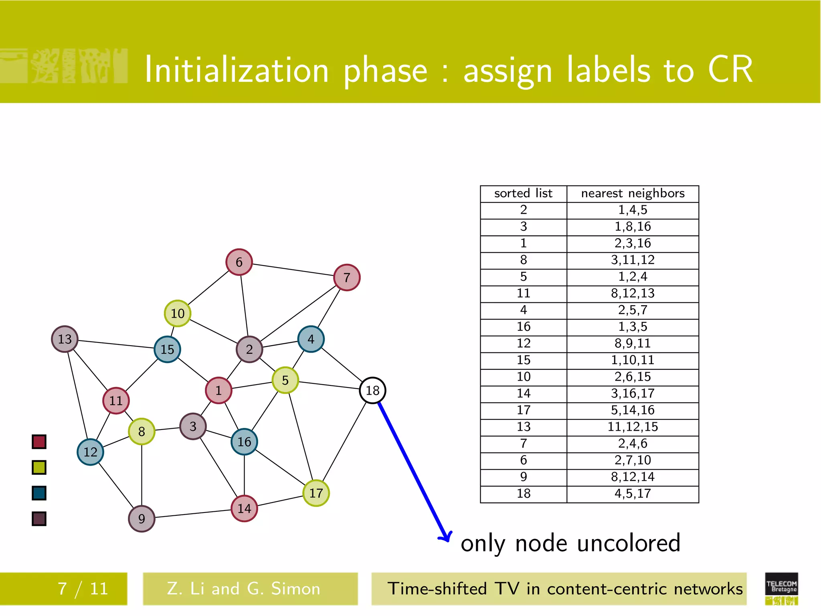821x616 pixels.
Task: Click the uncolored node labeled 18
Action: pyautogui.click(x=372, y=390)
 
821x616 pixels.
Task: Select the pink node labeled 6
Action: pyautogui.click(x=239, y=262)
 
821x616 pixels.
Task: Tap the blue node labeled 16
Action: pyautogui.click(x=244, y=442)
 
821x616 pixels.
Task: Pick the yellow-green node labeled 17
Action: pyautogui.click(x=316, y=493)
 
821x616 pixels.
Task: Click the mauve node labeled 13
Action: pyautogui.click(x=65, y=339)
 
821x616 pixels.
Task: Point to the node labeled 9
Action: pyautogui.click(x=142, y=519)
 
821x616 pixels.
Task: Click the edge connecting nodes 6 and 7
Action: pyautogui.click(x=293, y=269)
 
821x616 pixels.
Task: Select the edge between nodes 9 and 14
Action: pyautogui.click(x=192, y=514)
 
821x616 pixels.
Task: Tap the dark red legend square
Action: pyautogui.click(x=39, y=442)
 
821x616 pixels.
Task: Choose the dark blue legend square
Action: pyautogui.click(x=39, y=493)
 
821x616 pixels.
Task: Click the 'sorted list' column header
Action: pyautogui.click(x=523, y=194)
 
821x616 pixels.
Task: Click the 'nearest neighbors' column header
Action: pyautogui.click(x=633, y=194)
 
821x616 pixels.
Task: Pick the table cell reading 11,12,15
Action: pyautogui.click(x=633, y=427)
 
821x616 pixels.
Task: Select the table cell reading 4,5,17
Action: pyautogui.click(x=633, y=494)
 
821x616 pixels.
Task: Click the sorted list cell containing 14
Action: pyautogui.click(x=523, y=393)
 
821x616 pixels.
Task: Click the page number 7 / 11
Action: pyautogui.click(x=83, y=589)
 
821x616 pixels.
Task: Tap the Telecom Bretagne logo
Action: pyautogui.click(x=781, y=588)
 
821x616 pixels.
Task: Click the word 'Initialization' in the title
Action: pyautogui.click(x=237, y=70)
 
